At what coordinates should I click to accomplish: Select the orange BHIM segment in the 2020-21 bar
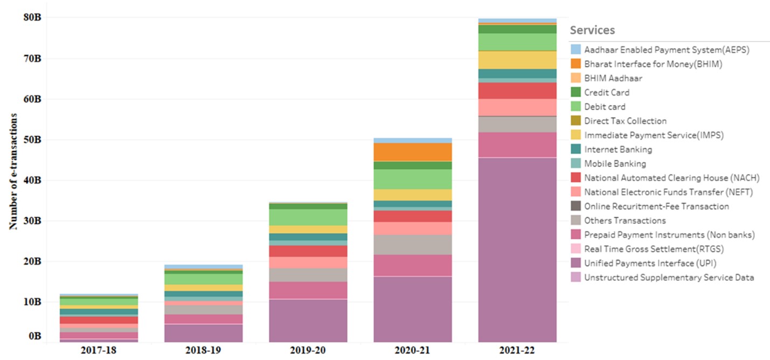point(413,152)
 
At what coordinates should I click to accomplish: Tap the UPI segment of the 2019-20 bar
point(308,320)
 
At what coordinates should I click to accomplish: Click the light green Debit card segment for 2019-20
point(308,217)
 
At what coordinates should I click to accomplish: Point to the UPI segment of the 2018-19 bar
point(204,333)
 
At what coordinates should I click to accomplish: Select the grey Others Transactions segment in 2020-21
point(413,245)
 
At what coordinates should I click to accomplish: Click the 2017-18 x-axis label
point(99,351)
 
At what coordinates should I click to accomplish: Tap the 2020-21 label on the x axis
point(413,351)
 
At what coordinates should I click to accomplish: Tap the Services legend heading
point(592,30)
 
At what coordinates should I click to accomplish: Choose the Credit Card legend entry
point(607,93)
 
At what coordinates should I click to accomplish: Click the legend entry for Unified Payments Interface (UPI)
point(650,264)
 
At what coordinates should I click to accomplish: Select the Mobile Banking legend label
point(615,164)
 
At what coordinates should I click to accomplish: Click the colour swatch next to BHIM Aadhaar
point(576,78)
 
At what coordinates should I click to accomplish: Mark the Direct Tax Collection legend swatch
point(576,121)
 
